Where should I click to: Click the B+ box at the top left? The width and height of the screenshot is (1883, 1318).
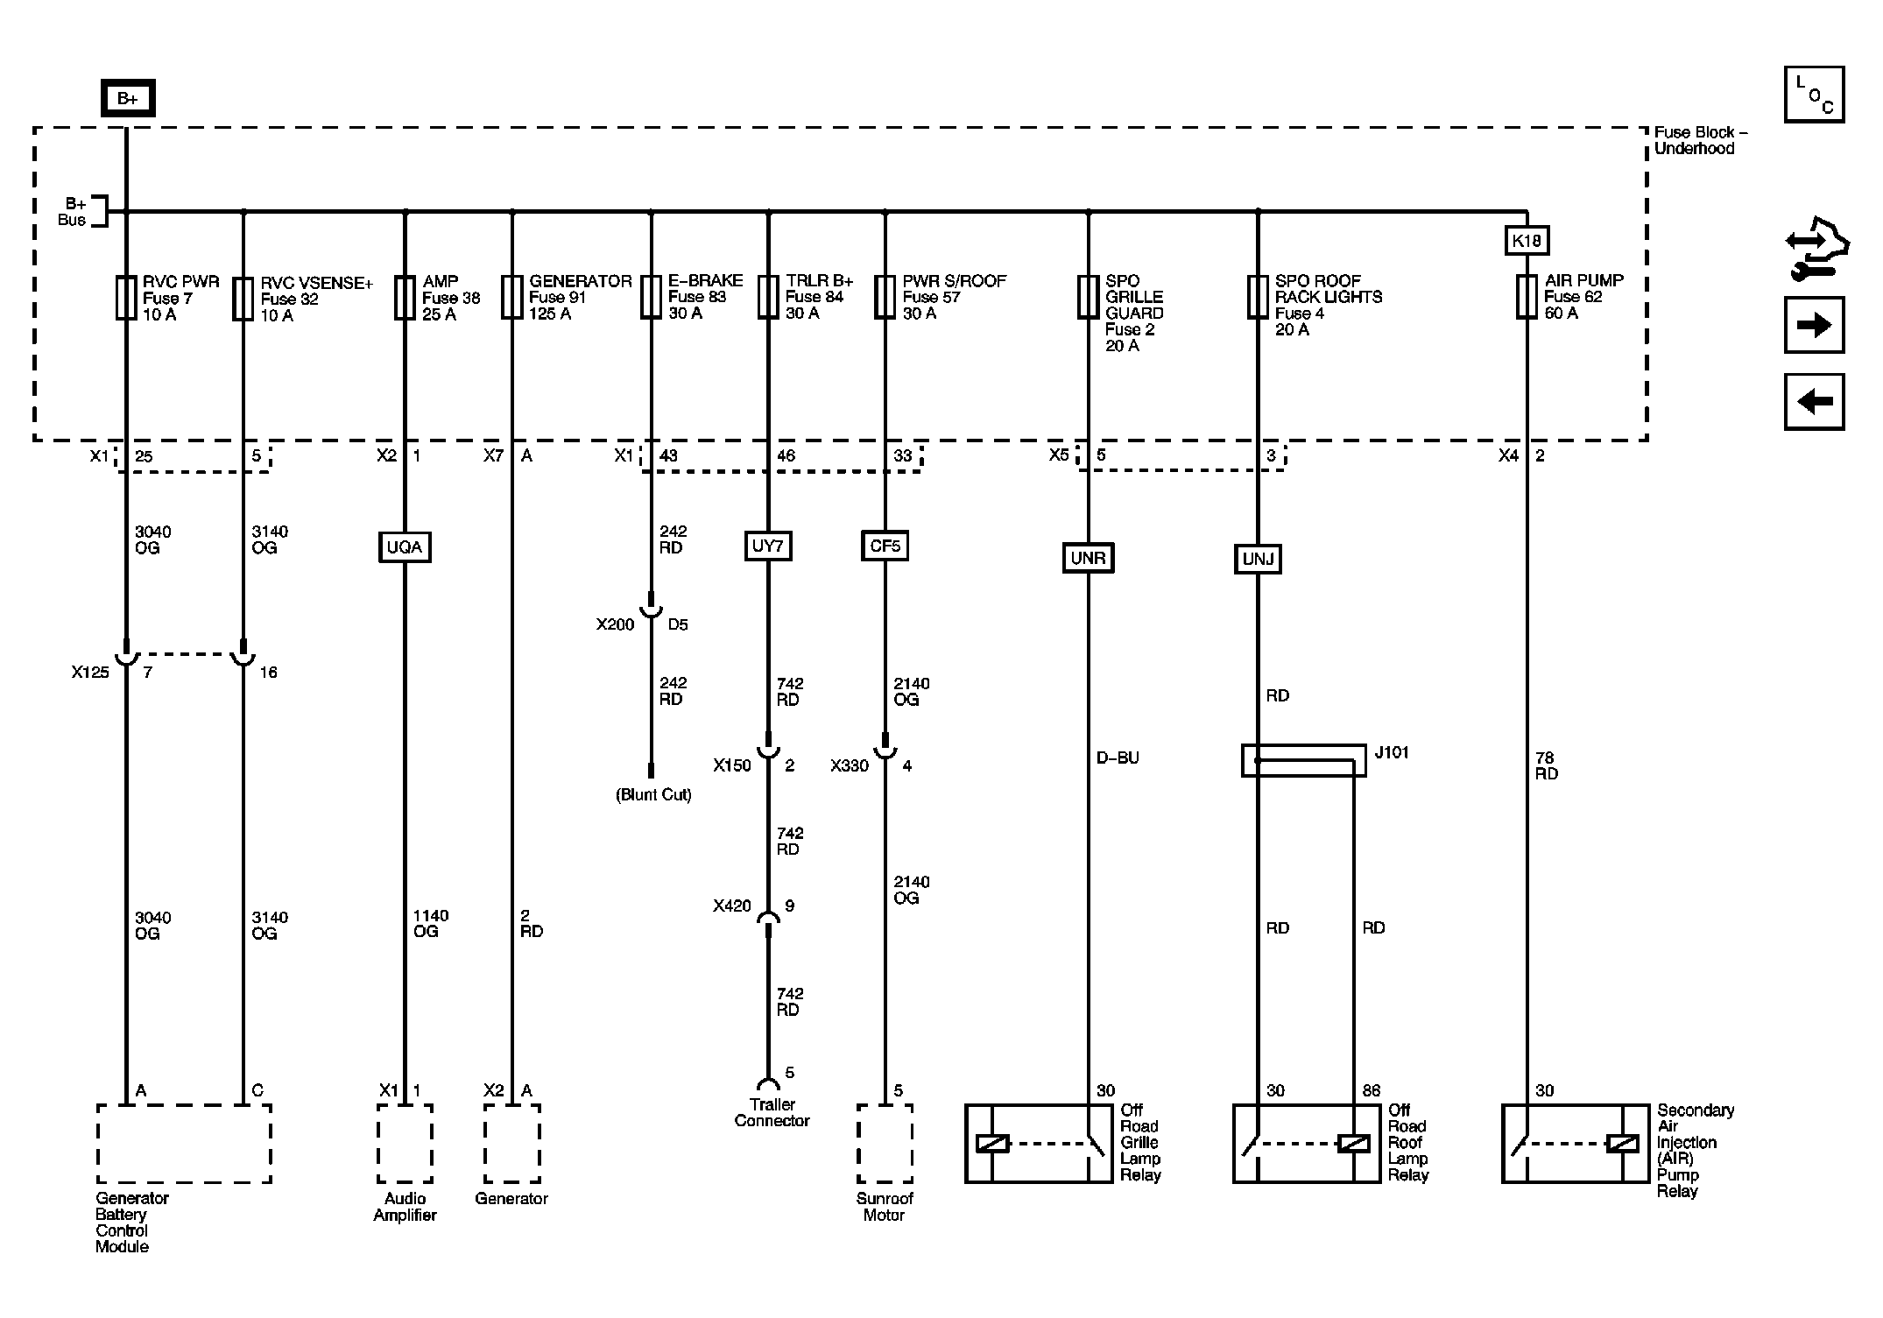point(128,99)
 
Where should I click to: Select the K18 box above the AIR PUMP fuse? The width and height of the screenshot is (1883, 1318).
point(1527,241)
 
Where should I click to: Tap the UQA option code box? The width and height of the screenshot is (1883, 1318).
point(405,547)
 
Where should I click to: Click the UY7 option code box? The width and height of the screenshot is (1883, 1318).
point(768,546)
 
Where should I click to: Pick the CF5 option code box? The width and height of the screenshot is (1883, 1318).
point(885,546)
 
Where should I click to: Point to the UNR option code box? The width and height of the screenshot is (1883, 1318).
point(1089,559)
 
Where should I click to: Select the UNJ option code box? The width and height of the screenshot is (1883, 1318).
point(1258,560)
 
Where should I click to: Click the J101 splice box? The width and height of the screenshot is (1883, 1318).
point(1303,760)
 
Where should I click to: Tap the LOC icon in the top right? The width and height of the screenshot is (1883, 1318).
point(1814,95)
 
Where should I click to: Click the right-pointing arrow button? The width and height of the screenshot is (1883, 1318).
point(1814,326)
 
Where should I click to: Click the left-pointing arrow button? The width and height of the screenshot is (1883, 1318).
point(1814,402)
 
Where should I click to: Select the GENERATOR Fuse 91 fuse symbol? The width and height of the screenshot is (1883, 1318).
point(512,298)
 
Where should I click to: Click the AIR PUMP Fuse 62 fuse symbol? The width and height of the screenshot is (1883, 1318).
point(1527,297)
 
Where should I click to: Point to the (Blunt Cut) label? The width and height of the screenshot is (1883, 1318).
point(653,795)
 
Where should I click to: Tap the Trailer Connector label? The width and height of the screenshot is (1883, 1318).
point(772,1113)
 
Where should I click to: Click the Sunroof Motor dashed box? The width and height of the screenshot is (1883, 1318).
point(885,1143)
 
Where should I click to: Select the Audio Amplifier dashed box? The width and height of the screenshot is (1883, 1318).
point(405,1143)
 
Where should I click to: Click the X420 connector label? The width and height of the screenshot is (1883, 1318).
point(731,906)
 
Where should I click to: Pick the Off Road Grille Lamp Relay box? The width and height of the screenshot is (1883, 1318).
point(1039,1144)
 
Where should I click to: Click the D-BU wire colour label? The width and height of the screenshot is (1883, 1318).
point(1118,758)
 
